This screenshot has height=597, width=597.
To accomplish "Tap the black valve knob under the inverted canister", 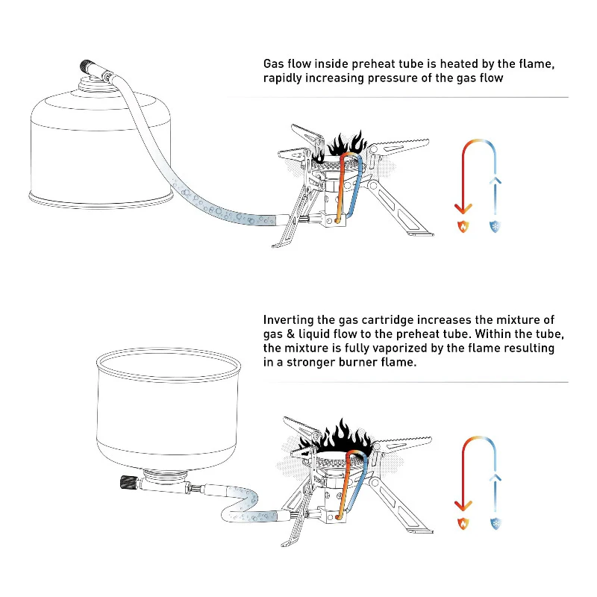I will [125, 483].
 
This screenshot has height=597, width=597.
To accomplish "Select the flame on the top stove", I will [346, 146].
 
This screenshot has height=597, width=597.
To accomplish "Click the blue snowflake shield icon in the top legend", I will [496, 225].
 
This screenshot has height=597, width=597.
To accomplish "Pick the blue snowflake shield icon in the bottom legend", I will [496, 523].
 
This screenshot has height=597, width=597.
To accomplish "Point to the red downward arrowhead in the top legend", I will [463, 207].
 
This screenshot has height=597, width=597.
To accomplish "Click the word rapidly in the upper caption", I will [285, 78].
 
